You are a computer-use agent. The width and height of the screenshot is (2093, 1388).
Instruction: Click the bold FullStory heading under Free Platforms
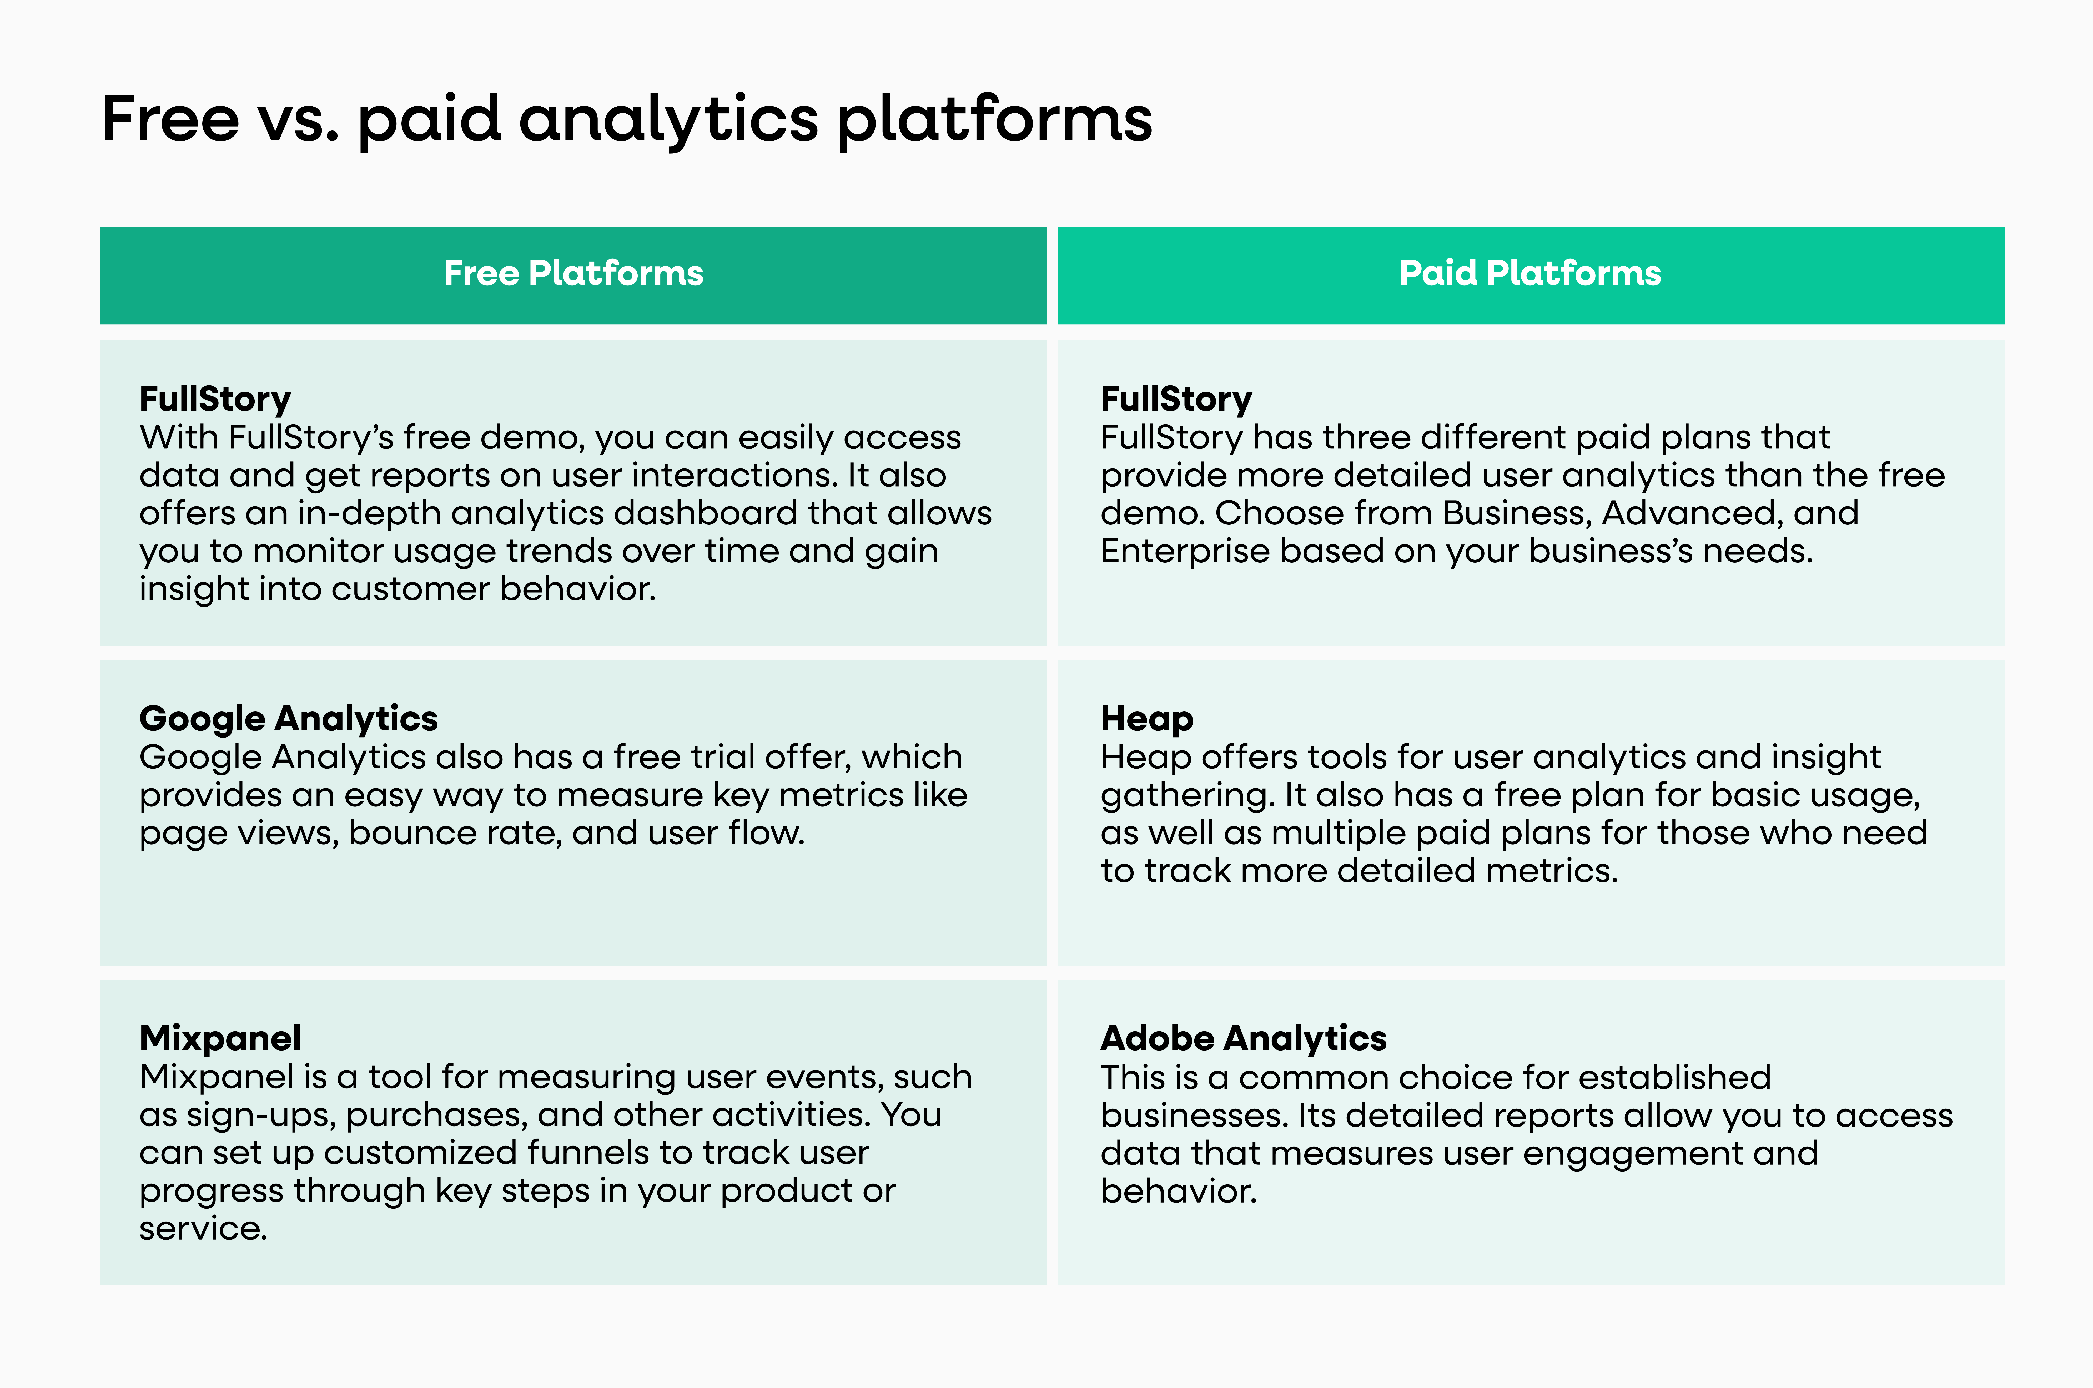click(x=215, y=399)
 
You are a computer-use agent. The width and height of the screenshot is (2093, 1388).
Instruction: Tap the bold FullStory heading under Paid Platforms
click(x=1176, y=399)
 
